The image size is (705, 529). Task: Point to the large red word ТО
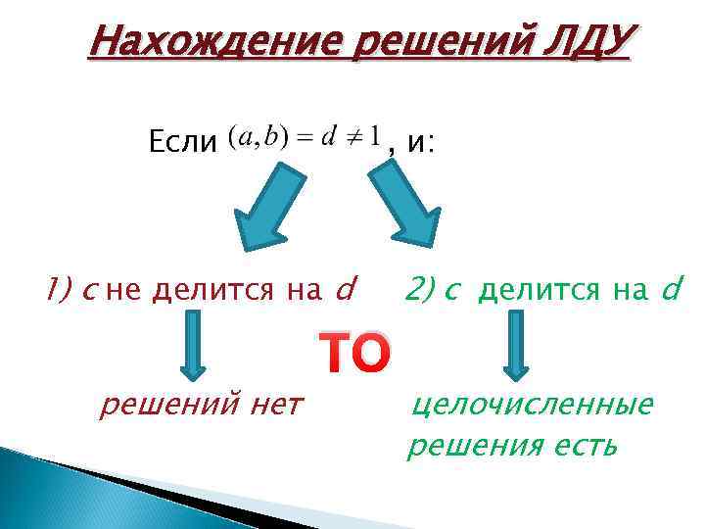tap(354, 355)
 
